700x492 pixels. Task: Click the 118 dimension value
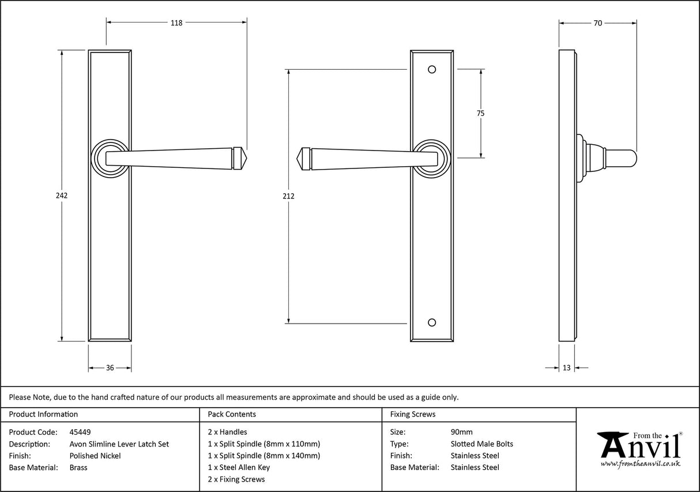click(176, 23)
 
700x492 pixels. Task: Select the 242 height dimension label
click(62, 196)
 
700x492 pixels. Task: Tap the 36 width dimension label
click(110, 368)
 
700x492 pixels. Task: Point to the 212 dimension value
click(289, 196)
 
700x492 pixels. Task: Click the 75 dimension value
click(480, 114)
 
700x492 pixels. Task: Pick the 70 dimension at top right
click(597, 23)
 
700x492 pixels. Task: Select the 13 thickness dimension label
click(566, 368)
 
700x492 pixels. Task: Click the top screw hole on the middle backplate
click(431, 70)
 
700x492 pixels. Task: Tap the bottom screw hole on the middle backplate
click(431, 321)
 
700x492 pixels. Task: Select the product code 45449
click(80, 431)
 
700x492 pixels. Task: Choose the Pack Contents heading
click(232, 414)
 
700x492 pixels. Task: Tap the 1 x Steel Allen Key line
click(239, 467)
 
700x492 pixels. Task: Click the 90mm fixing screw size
click(461, 431)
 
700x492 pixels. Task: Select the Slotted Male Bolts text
click(481, 444)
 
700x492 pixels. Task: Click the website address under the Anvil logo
click(640, 464)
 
